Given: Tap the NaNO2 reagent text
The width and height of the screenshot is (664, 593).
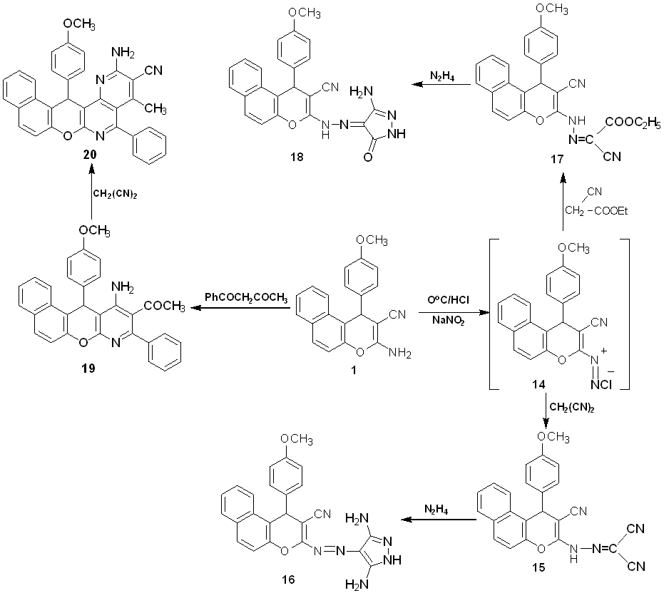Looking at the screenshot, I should point(448,321).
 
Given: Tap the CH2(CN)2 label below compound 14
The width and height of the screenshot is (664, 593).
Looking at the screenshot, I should point(571,407).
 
